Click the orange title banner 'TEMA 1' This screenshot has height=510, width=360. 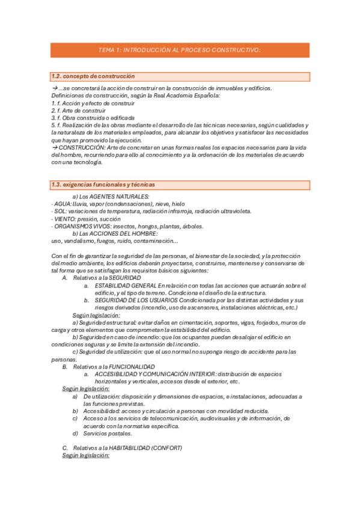[x=180, y=50]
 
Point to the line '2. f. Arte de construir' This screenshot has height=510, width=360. [x=79, y=110]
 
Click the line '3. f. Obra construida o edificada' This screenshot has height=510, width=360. [x=93, y=117]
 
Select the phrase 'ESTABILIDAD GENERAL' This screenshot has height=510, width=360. [x=125, y=285]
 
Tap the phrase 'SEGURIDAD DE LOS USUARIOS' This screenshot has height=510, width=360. [x=134, y=300]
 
